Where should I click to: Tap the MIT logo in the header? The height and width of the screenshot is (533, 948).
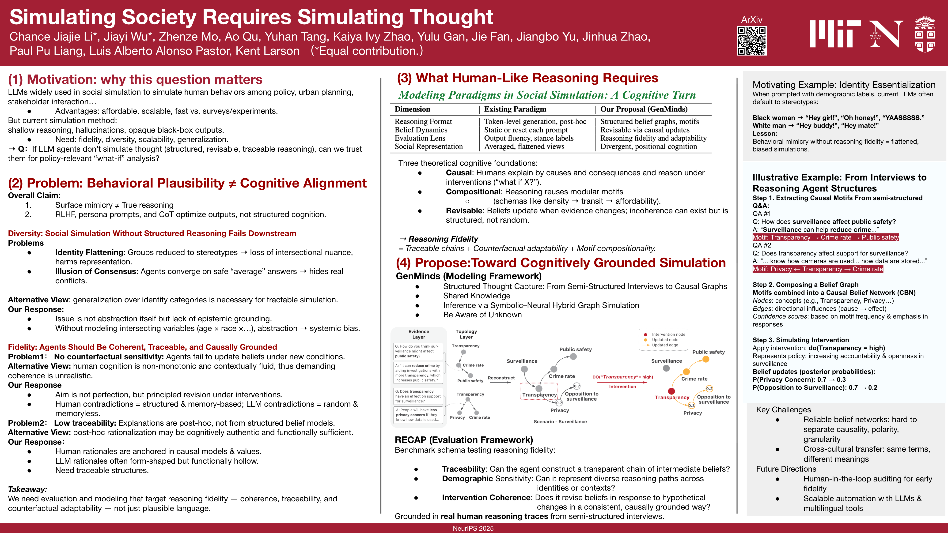[x=835, y=34]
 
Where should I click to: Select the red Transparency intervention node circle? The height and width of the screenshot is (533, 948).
[x=671, y=391]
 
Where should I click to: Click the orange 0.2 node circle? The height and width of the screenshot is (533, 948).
[x=709, y=388]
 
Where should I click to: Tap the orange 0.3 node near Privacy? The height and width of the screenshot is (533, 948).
[x=691, y=405]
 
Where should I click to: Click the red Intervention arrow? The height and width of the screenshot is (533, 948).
[x=622, y=382]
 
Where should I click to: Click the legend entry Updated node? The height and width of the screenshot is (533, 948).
[x=665, y=340]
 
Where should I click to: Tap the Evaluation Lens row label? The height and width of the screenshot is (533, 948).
[x=420, y=138]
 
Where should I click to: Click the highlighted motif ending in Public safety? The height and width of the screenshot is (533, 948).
[x=825, y=237]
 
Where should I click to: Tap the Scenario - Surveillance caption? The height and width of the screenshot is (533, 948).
[x=560, y=421]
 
